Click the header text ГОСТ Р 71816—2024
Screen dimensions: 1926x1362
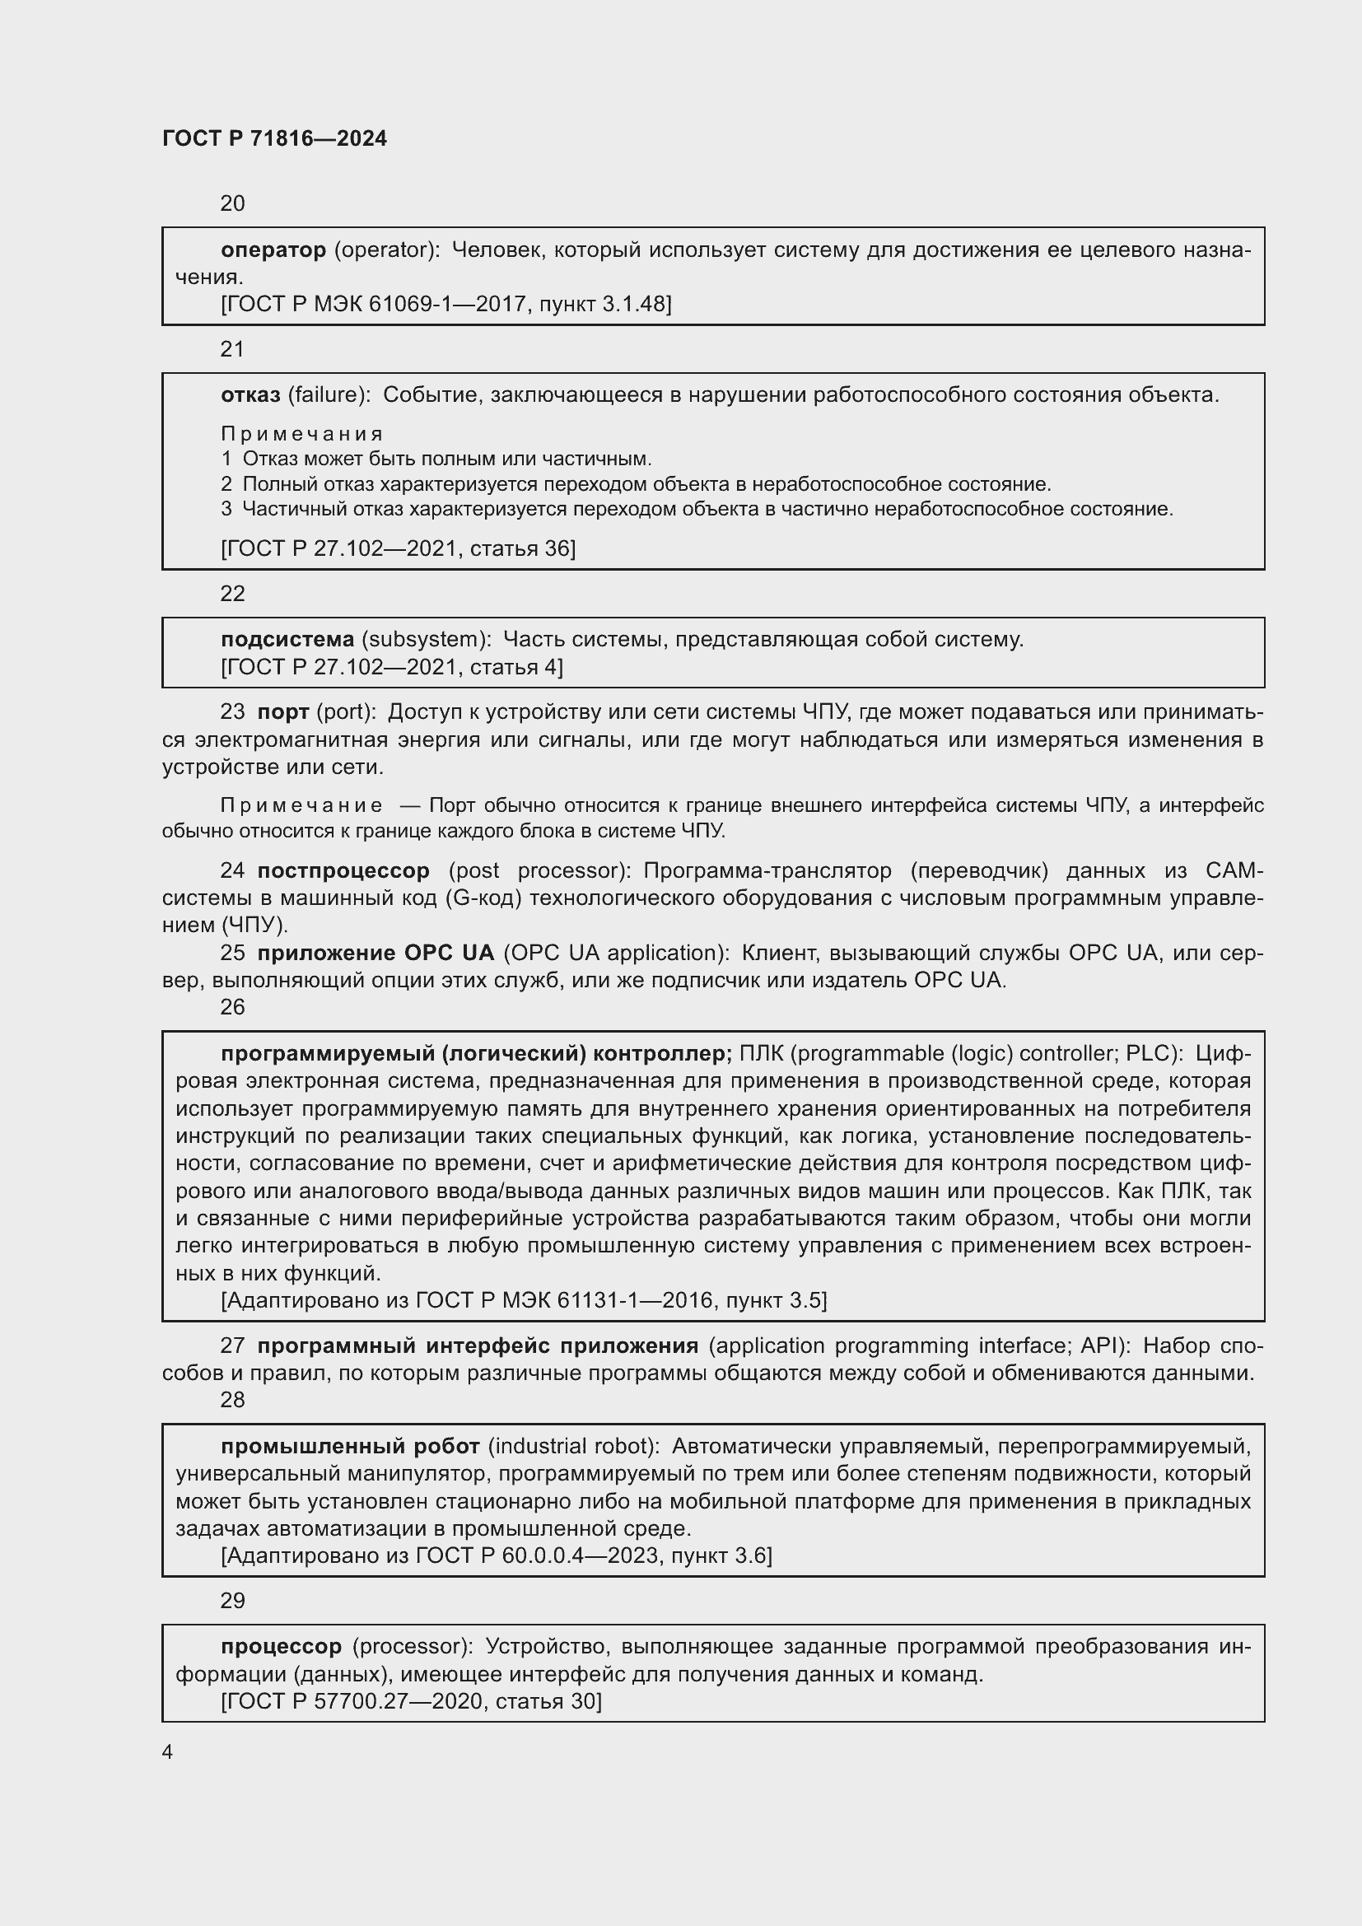coord(274,138)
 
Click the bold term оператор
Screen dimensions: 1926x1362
coord(273,250)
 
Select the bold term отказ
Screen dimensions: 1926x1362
coord(250,395)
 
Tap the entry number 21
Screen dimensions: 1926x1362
coord(232,350)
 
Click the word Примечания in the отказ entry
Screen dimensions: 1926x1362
coord(302,434)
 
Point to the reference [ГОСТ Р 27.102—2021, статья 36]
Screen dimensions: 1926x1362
coord(398,548)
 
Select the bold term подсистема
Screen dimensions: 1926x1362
coord(287,640)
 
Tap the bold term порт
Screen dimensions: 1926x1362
coord(282,712)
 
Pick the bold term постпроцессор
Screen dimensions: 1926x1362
coord(343,870)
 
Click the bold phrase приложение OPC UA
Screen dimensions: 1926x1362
coord(375,953)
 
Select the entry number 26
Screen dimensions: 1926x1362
coord(232,1007)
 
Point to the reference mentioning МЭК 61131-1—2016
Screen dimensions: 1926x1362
coord(524,1301)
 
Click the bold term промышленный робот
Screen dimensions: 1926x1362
coord(350,1447)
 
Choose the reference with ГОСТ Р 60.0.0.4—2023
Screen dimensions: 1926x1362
coord(496,1556)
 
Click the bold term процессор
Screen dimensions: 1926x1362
coord(281,1647)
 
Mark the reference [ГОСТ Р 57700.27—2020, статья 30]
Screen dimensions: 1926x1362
coord(411,1701)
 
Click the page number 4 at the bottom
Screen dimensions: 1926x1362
coord(167,1752)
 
